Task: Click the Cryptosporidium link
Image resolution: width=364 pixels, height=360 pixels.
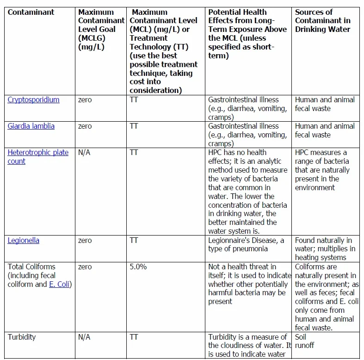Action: point(33,99)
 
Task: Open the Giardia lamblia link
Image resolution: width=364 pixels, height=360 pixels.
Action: point(31,126)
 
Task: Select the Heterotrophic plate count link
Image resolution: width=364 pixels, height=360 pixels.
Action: point(38,157)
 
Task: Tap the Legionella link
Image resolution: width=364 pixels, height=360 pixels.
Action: point(23,241)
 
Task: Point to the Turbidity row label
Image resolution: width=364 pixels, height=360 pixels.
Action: point(23,337)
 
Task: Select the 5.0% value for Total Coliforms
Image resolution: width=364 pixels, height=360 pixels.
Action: point(138,267)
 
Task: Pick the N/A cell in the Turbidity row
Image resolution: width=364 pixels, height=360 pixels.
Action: point(84,337)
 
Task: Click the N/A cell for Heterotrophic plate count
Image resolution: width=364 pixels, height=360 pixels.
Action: point(84,153)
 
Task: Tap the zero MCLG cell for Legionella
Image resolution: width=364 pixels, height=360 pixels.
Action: point(85,241)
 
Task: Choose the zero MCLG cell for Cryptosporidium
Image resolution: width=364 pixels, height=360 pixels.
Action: point(85,100)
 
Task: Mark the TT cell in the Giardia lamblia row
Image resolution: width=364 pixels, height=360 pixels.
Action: point(134,126)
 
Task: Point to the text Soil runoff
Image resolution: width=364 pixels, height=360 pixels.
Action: point(305,341)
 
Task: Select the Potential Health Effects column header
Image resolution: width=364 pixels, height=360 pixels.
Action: point(247,33)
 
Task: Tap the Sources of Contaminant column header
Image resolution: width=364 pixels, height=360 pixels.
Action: point(322,20)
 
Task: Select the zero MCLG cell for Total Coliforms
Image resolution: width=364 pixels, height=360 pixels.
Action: point(85,267)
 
